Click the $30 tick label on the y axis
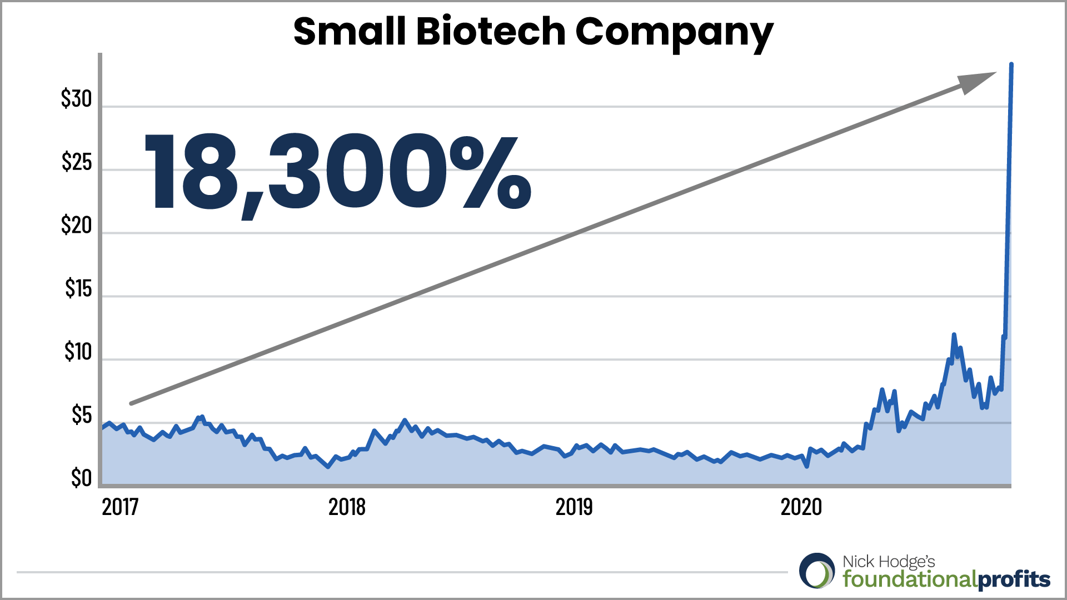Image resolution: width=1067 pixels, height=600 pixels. pyautogui.click(x=77, y=99)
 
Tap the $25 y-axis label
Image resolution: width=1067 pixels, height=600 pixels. pyautogui.click(x=77, y=162)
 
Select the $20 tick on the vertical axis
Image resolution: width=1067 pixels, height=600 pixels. pyautogui.click(x=77, y=226)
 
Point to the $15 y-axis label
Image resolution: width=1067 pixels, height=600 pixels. pyautogui.click(x=78, y=289)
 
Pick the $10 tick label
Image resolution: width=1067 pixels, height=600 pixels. pyautogui.click(x=78, y=352)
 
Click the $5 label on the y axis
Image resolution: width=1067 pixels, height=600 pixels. pyautogui.click(x=82, y=416)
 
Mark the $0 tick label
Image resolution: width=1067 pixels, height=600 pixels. pyautogui.click(x=81, y=478)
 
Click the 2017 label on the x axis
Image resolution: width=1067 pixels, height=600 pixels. pyautogui.click(x=120, y=507)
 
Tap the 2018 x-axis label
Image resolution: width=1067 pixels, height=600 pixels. pyautogui.click(x=347, y=507)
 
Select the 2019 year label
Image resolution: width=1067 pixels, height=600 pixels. pyautogui.click(x=574, y=507)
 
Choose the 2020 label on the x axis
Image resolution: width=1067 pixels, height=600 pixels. pyautogui.click(x=801, y=507)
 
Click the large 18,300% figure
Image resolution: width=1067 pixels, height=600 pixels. pyautogui.click(x=337, y=172)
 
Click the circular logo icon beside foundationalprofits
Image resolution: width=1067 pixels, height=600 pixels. pyautogui.click(x=817, y=571)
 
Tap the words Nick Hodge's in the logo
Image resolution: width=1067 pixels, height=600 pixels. pyautogui.click(x=889, y=562)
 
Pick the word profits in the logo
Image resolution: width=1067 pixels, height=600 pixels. pyautogui.click(x=1014, y=580)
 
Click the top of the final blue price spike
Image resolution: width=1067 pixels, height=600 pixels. pyautogui.click(x=1011, y=65)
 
